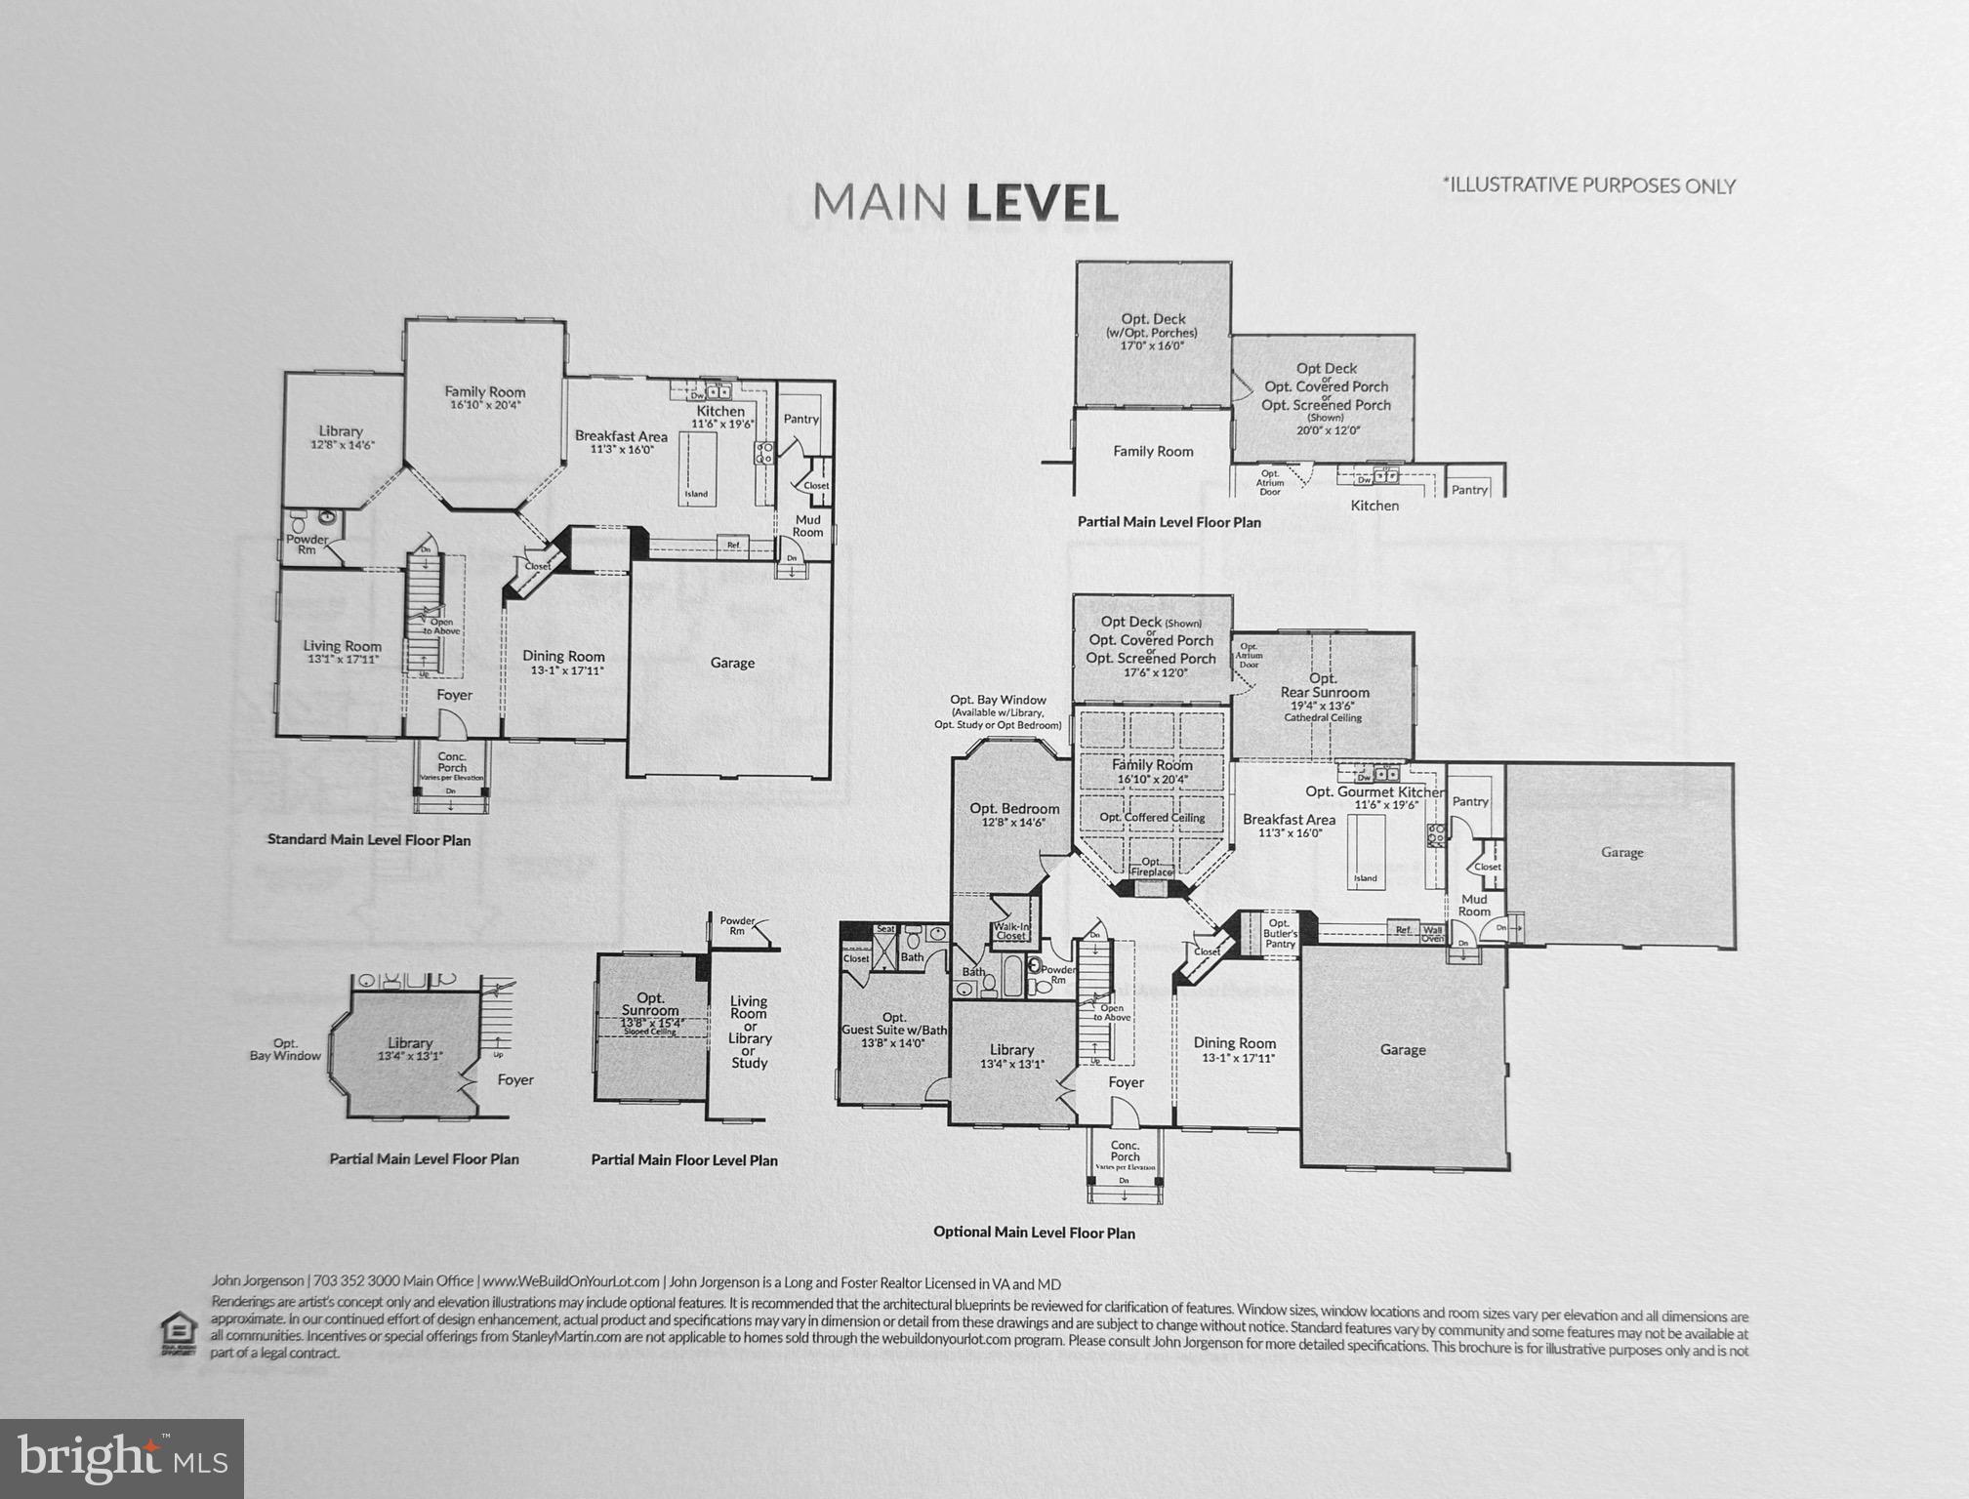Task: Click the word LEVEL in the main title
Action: [1042, 203]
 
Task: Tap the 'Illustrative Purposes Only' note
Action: [1588, 185]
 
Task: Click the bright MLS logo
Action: [122, 1458]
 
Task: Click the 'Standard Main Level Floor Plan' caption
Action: [369, 840]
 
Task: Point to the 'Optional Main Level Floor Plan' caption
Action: [1034, 1233]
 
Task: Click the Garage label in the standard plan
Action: [732, 663]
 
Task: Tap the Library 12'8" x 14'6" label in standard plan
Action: [342, 437]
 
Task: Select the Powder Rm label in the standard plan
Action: [307, 545]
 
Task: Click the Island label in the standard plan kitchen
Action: [696, 494]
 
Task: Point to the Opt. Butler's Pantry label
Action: [1280, 933]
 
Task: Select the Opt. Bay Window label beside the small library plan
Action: [285, 1049]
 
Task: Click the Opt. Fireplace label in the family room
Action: [1151, 867]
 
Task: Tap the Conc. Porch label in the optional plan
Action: [1125, 1152]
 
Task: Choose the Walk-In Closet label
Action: [1010, 931]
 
